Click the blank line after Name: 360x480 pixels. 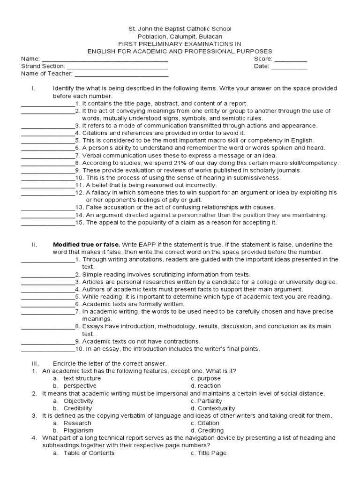[105, 60]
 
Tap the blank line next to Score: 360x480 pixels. [290, 60]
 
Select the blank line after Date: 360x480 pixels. [289, 67]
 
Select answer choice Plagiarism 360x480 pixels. [78, 430]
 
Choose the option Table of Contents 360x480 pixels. [89, 453]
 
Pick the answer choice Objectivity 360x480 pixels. [78, 401]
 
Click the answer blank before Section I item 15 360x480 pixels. [48, 223]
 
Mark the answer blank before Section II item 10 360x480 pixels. [48, 349]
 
